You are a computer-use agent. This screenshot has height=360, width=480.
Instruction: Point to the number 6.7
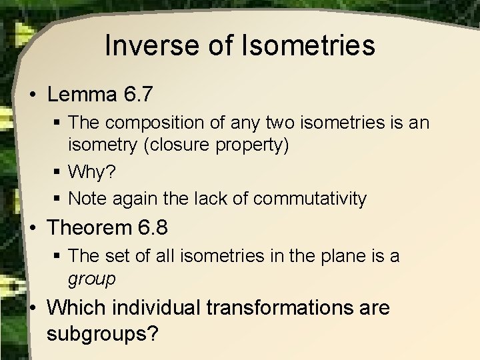(x=139, y=95)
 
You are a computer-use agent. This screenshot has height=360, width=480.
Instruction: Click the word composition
(x=159, y=123)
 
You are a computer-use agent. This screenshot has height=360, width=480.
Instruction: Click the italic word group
(x=91, y=279)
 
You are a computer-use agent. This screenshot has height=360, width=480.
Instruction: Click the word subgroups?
(x=103, y=333)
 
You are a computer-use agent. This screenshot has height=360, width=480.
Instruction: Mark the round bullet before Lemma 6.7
(x=33, y=95)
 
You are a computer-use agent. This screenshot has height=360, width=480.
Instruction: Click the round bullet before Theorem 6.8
(x=33, y=228)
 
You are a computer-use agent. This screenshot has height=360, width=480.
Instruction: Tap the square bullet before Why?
(x=59, y=173)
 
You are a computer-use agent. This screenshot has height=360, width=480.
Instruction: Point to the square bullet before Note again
(x=59, y=199)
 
